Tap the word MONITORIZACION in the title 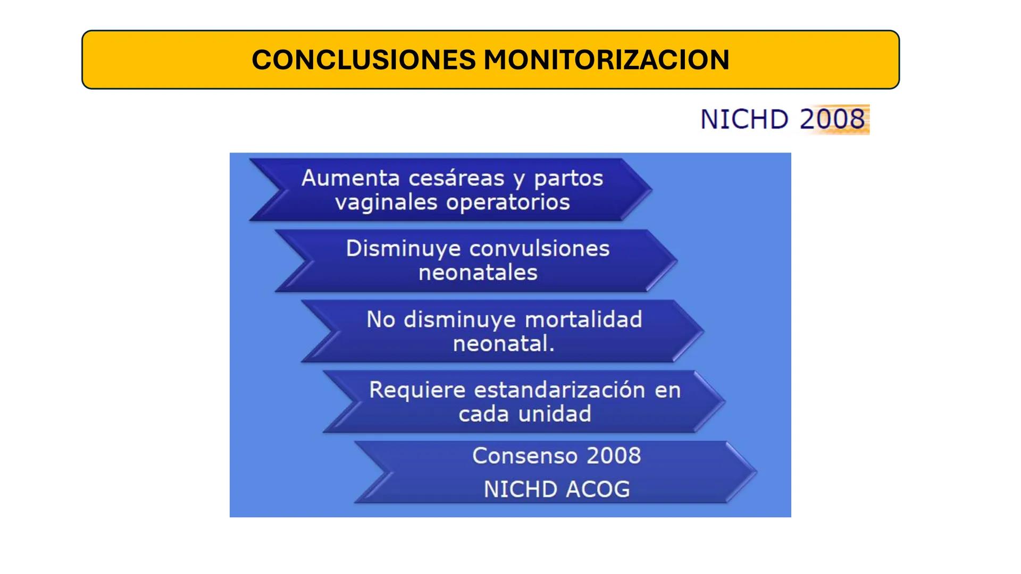tap(606, 60)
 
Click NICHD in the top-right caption tap(744, 119)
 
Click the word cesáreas tap(456, 178)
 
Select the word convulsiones tap(539, 249)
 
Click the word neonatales tap(478, 273)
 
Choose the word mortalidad tap(583, 319)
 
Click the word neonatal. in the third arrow tap(504, 343)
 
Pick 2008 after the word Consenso tap(614, 456)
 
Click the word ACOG tap(598, 489)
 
